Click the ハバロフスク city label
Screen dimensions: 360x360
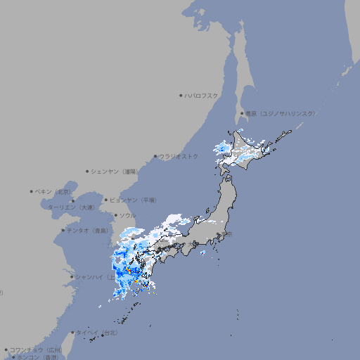(202, 95)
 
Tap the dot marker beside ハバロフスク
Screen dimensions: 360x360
(181, 95)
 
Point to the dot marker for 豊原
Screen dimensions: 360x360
(242, 113)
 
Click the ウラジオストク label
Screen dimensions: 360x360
(179, 156)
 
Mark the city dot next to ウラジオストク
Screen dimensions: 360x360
(155, 156)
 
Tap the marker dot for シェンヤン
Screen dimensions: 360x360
(87, 171)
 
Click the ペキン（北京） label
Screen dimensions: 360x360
(54, 191)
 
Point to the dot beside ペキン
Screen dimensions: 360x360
(32, 191)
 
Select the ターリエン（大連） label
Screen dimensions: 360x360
(70, 207)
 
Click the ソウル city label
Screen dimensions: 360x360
(127, 215)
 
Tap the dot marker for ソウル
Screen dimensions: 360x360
(115, 215)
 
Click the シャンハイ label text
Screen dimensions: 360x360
(91, 276)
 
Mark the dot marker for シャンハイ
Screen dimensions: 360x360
(72, 276)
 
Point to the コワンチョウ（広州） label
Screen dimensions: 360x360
(36, 349)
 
